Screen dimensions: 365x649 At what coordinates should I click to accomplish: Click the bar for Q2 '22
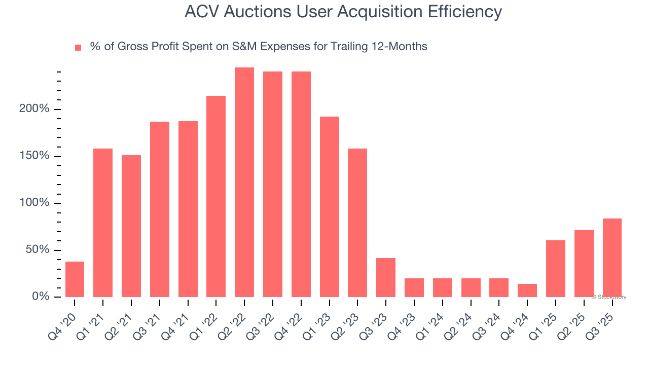[x=244, y=182]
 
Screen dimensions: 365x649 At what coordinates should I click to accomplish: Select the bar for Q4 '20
[x=75, y=279]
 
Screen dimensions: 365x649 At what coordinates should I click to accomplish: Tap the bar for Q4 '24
[x=527, y=290]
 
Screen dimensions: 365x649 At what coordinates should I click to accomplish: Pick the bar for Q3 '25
[x=612, y=258]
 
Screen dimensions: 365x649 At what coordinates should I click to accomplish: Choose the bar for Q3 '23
[x=386, y=277]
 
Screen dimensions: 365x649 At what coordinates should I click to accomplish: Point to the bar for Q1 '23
[x=330, y=207]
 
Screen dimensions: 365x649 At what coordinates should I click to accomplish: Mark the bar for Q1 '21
[x=103, y=223]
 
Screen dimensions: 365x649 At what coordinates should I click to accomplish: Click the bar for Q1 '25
[x=556, y=269]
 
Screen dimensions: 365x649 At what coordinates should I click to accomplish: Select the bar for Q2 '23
[x=357, y=223]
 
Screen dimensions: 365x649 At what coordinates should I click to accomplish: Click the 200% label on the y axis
[x=34, y=109]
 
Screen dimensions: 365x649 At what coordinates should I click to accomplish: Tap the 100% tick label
[x=34, y=203]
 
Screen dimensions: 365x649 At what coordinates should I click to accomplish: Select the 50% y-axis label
[x=38, y=250]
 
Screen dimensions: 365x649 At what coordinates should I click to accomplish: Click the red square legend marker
[x=78, y=48]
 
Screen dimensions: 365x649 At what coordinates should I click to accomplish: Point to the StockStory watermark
[x=609, y=297]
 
